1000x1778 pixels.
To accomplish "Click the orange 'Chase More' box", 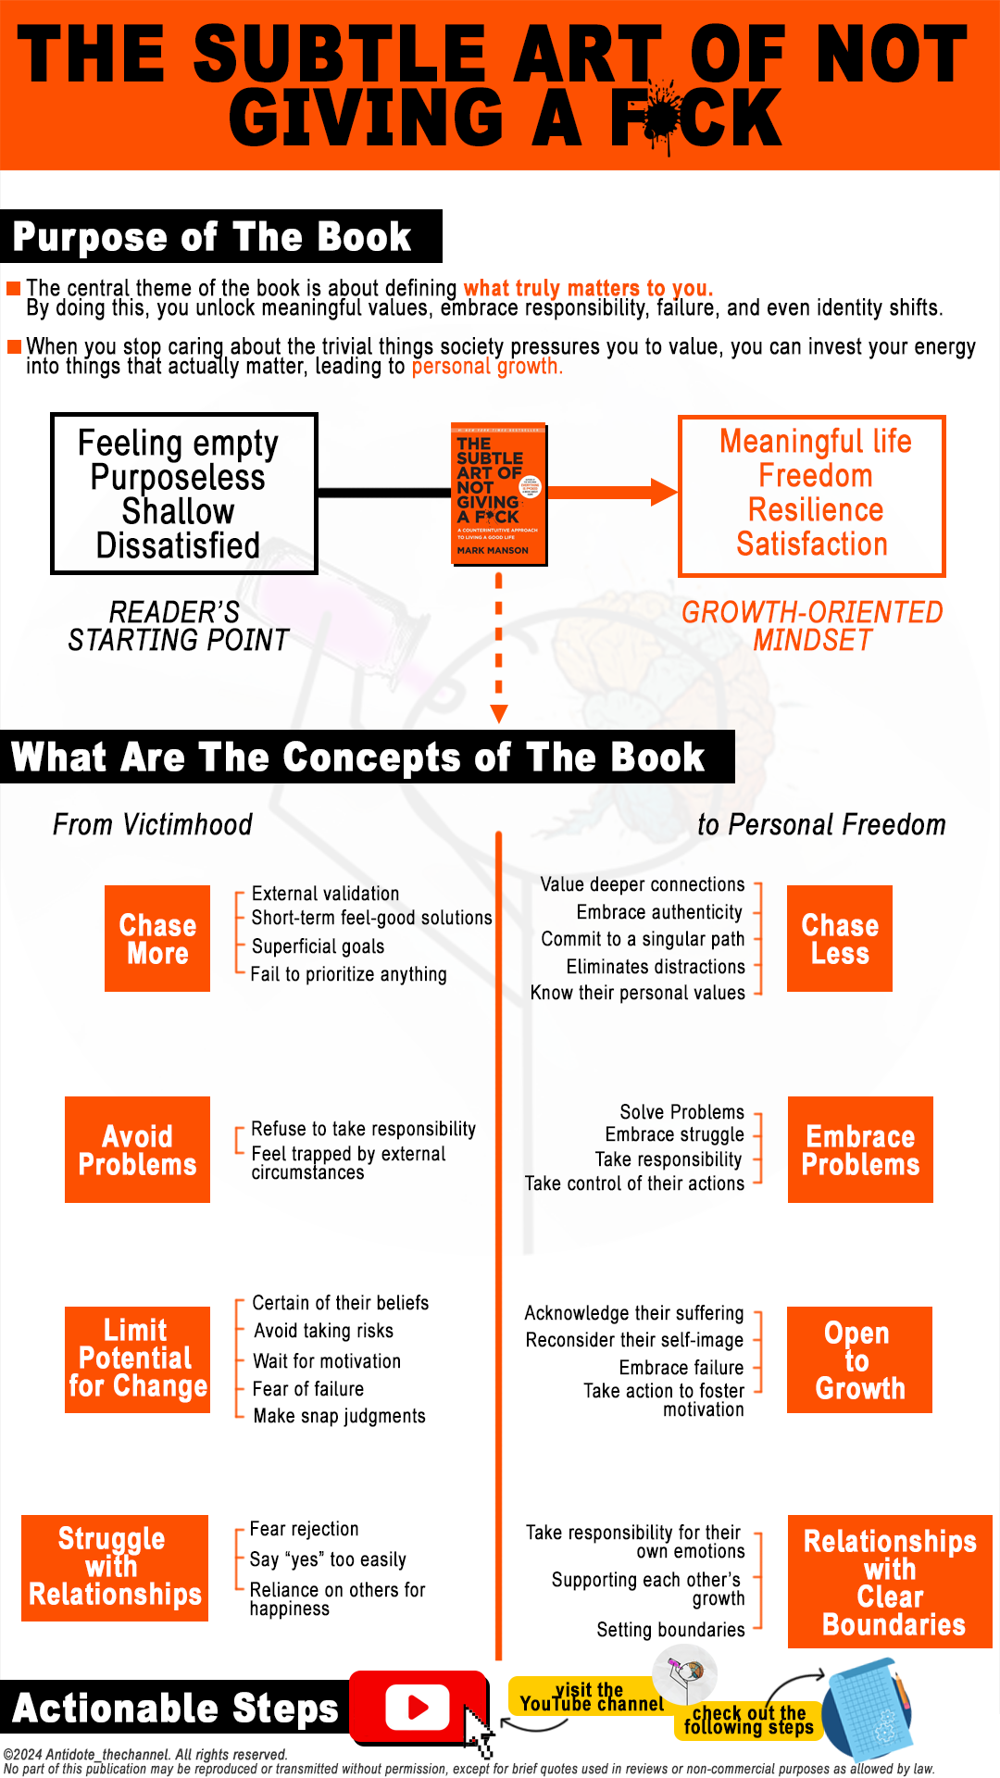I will [157, 938].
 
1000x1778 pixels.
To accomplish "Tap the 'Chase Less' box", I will [840, 938].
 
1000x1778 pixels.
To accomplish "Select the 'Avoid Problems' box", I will [137, 1149].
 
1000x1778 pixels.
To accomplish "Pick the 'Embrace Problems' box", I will [860, 1149].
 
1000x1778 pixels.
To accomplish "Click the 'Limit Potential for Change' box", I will [137, 1359].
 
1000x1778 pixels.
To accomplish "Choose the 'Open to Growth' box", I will [859, 1359].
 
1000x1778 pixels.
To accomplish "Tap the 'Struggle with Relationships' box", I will [115, 1568].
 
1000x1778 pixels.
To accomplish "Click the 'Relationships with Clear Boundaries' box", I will [890, 1582].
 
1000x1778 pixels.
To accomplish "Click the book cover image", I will [498, 494].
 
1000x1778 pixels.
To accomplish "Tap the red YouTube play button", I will [418, 1707].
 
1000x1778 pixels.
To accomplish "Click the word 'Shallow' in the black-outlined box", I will [178, 511].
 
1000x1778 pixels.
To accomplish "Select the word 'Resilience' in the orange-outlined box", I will [816, 509].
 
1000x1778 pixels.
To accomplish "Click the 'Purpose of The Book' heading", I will [212, 237].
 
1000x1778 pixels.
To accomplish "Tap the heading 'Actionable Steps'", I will [175, 1709].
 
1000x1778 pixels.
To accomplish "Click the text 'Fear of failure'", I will [308, 1388].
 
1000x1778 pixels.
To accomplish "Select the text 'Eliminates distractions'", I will [656, 966].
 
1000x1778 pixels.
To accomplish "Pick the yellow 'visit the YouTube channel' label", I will [591, 1697].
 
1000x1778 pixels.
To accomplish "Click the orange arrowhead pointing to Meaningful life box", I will [663, 492].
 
